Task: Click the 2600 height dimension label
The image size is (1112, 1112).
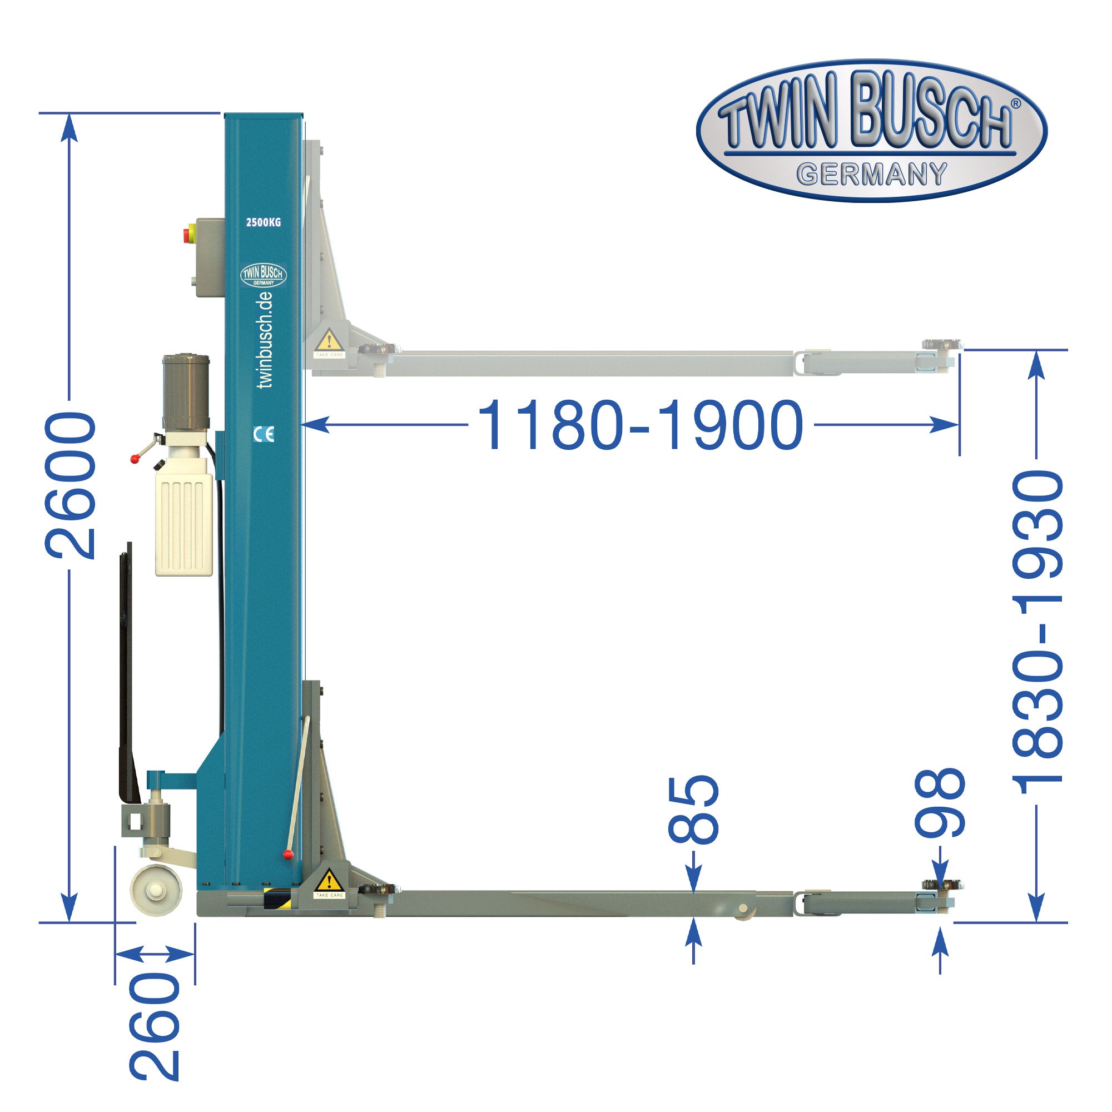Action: click(x=70, y=485)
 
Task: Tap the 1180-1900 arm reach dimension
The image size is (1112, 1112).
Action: click(x=640, y=426)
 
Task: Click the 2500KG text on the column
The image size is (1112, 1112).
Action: click(x=264, y=222)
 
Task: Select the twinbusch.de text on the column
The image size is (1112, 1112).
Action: click(x=265, y=340)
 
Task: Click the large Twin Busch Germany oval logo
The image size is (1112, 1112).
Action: click(x=871, y=131)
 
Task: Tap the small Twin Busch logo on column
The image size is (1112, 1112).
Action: click(x=263, y=275)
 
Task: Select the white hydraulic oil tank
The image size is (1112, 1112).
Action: click(x=183, y=524)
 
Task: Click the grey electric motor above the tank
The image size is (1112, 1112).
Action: click(x=186, y=391)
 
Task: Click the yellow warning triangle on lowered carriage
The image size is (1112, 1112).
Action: click(x=329, y=880)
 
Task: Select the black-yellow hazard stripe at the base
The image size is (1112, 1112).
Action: click(x=277, y=898)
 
